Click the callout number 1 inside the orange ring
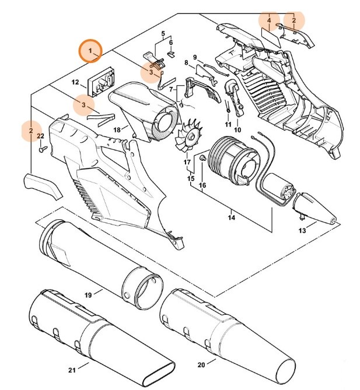[90, 51]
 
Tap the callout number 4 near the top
[269, 20]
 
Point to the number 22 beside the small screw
[41, 136]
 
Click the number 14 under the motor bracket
[232, 218]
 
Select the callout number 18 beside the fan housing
[117, 129]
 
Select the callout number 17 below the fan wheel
[187, 162]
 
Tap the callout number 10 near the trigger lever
[237, 129]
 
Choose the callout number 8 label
[186, 62]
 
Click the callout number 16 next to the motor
[202, 185]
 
